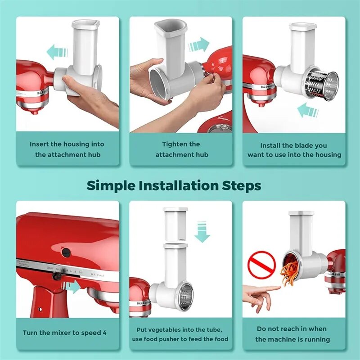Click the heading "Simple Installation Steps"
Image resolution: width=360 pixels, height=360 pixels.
pyautogui.click(x=174, y=185)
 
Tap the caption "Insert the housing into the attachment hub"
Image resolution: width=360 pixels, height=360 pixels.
pyautogui.click(x=67, y=149)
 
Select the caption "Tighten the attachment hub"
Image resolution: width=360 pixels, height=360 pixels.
pyautogui.click(x=181, y=149)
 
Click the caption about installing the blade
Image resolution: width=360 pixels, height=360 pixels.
pyautogui.click(x=294, y=150)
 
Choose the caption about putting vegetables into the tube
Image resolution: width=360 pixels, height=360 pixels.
pyautogui.click(x=180, y=334)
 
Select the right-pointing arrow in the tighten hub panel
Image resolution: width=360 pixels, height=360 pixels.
pyautogui.click(x=198, y=45)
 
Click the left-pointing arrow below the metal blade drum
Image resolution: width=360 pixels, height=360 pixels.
pyautogui.click(x=308, y=110)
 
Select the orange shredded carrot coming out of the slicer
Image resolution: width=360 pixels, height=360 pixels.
pyautogui.click(x=288, y=275)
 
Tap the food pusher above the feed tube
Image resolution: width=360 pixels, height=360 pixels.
pyautogui.click(x=175, y=224)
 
